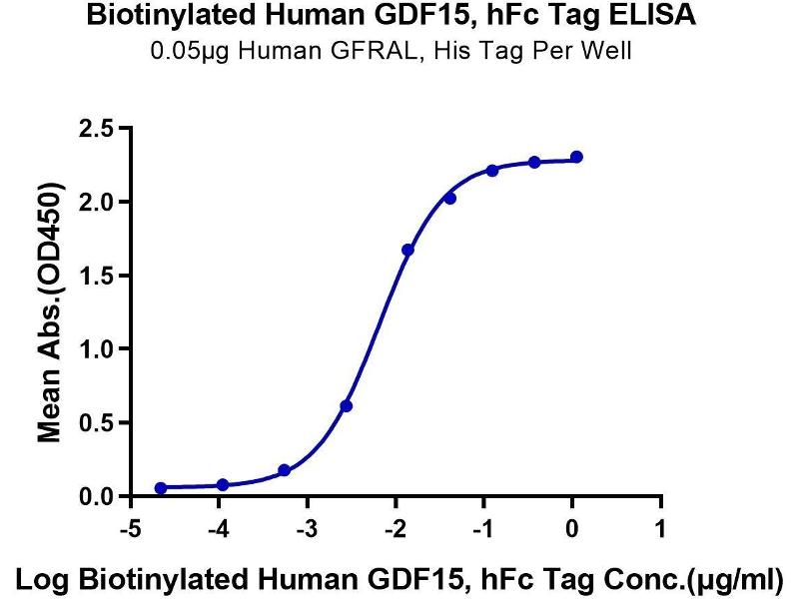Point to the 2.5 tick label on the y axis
coord(93,128)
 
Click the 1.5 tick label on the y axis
coord(93,276)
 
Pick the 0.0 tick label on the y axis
coord(93,496)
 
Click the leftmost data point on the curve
coord(161,487)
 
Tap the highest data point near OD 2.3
coord(576,157)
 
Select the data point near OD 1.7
coord(407,250)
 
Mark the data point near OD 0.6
coord(347,405)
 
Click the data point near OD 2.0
coord(450,199)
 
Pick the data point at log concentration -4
coord(223,485)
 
